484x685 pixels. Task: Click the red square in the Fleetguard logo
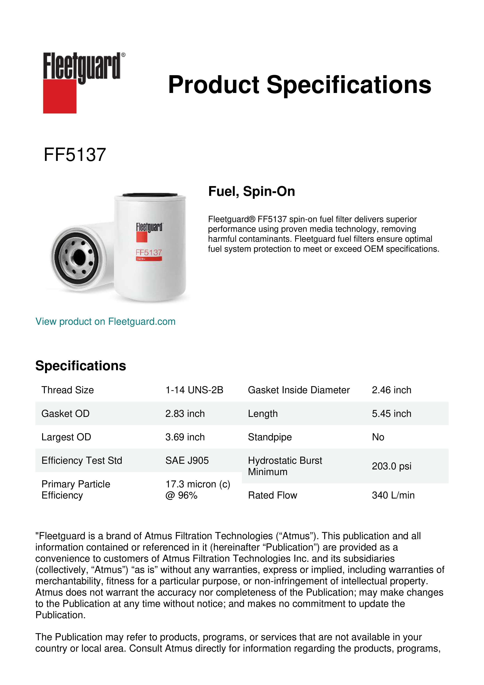[60, 96]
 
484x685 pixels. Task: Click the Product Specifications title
[299, 85]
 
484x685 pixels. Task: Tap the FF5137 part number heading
[75, 155]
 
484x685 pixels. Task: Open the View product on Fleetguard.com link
[106, 322]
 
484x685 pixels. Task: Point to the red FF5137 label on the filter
[149, 252]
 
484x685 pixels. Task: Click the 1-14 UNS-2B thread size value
[194, 390]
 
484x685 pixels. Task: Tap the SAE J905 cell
[187, 461]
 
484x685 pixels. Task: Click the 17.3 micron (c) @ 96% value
[198, 490]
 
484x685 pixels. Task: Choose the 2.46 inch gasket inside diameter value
[391, 390]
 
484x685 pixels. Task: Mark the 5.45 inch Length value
[391, 414]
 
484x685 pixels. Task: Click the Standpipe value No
[378, 437]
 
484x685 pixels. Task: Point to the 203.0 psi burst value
[391, 466]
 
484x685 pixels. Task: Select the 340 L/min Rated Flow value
[393, 495]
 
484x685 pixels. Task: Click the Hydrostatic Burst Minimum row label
[285, 466]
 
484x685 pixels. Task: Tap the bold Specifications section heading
[81, 366]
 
